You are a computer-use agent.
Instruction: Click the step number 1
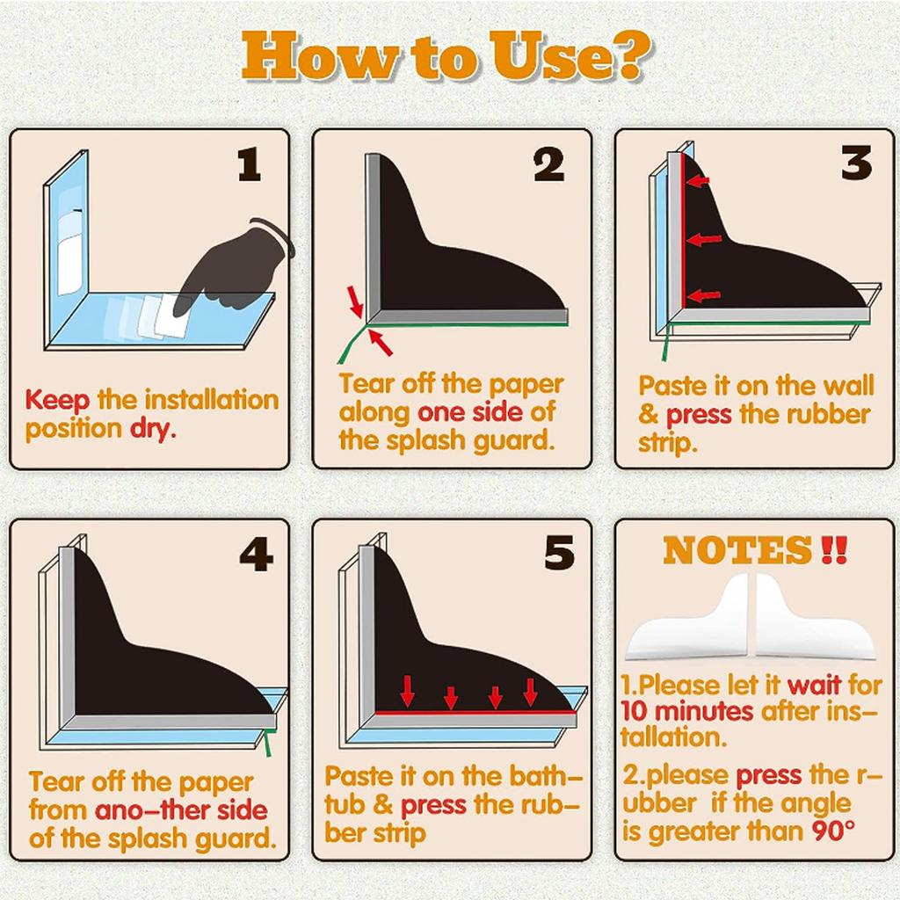coord(250,165)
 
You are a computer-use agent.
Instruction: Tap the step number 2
coord(549,165)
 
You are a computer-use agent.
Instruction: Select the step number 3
coord(856,163)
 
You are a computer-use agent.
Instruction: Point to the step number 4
coord(256,555)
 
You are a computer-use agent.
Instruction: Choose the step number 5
coord(559,554)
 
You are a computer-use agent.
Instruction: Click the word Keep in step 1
coord(57,401)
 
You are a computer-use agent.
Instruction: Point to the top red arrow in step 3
coord(697,181)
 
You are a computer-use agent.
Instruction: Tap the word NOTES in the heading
coord(737,550)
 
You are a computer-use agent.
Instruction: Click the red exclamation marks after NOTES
coord(833,550)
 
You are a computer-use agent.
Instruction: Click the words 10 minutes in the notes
coord(686,712)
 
